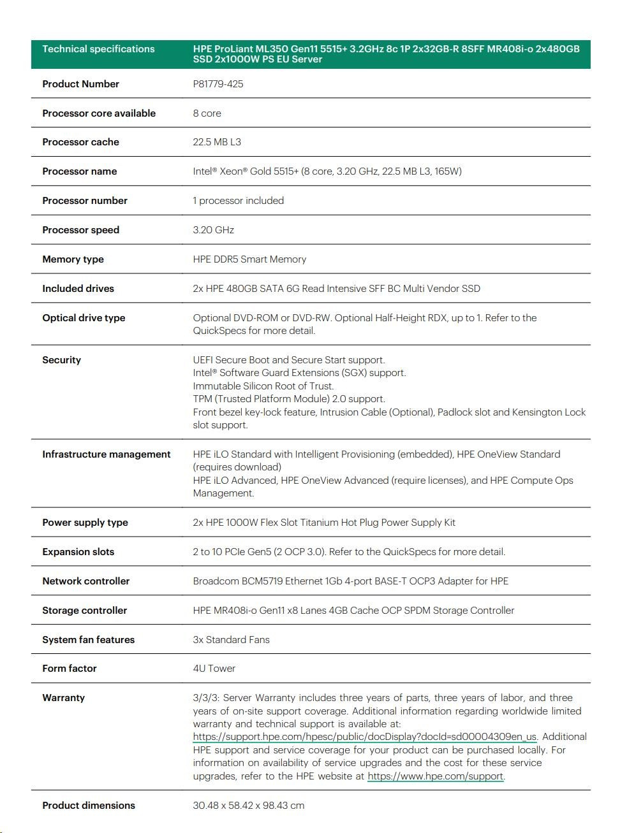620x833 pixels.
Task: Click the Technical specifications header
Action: point(98,49)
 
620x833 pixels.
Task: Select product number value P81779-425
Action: point(218,84)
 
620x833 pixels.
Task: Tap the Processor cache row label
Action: point(80,142)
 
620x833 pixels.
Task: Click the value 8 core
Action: point(207,113)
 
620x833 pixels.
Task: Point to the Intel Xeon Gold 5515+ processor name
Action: point(327,171)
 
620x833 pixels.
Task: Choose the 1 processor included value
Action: point(238,201)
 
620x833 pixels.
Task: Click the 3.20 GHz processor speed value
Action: point(213,230)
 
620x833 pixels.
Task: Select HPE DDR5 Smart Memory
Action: point(249,259)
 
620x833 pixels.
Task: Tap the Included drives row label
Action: point(78,289)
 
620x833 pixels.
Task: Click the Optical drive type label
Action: point(84,318)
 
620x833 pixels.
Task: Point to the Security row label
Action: point(61,360)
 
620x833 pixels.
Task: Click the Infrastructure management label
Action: point(106,454)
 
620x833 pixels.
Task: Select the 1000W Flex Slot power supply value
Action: point(323,523)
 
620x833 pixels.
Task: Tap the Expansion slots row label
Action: point(78,552)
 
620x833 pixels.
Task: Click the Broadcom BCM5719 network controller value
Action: point(350,581)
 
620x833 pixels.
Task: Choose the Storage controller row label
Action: point(84,611)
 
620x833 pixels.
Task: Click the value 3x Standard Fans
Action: point(231,640)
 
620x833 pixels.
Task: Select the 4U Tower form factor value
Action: point(214,669)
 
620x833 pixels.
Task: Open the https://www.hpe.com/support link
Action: point(435,776)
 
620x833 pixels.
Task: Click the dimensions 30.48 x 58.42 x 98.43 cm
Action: point(248,806)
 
